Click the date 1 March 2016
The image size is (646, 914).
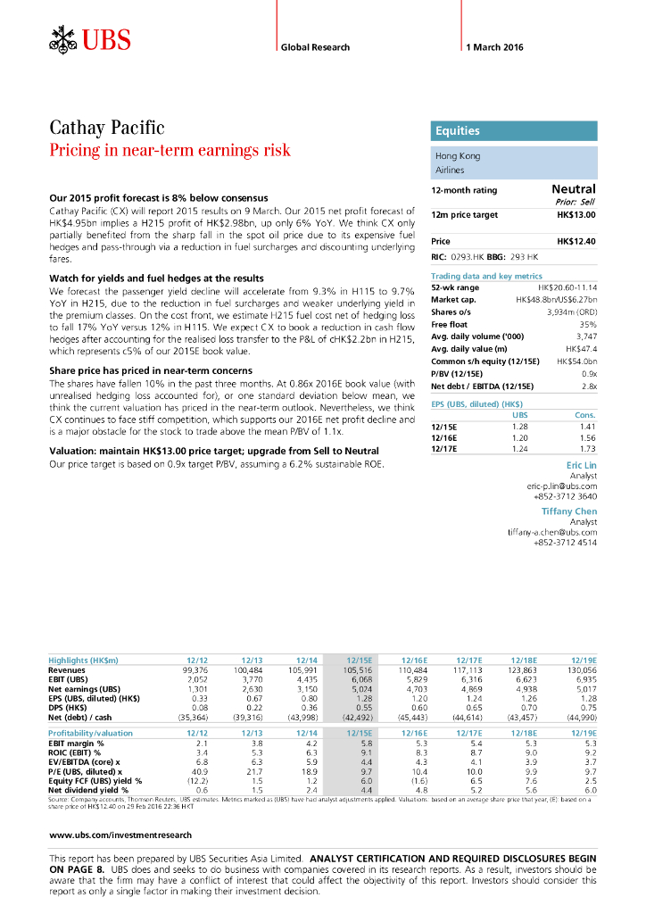pos(494,47)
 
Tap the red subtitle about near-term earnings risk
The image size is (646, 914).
pos(170,150)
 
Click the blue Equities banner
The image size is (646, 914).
pos(513,130)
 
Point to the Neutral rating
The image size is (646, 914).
pos(574,189)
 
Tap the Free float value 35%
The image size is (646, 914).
pos(588,325)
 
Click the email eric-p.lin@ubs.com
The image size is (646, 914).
pos(561,486)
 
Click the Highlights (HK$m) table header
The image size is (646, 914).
pos(83,660)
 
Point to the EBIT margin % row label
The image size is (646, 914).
pos(76,743)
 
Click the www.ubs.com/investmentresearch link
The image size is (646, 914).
pos(120,835)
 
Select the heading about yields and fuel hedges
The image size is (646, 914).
pos(156,278)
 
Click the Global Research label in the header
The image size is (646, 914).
pos(315,47)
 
